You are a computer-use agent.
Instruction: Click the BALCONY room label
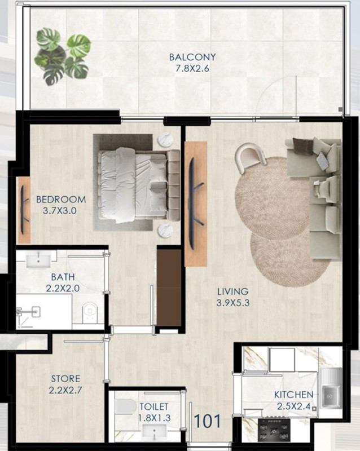point(192,57)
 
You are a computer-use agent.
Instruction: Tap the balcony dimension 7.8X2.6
point(192,68)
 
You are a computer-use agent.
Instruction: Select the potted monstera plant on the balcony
point(62,56)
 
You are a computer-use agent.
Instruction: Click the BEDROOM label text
point(61,199)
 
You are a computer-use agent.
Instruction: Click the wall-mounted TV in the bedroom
point(24,209)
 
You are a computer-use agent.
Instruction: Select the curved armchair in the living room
point(250,158)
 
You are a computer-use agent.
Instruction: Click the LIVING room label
point(232,291)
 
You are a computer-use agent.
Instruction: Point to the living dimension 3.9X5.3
point(232,303)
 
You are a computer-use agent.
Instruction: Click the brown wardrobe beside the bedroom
point(169,288)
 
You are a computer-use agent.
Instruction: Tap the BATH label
point(63,277)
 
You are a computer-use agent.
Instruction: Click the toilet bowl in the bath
point(90,312)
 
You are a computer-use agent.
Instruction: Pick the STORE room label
point(65,378)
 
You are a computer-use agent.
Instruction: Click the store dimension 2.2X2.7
point(65,390)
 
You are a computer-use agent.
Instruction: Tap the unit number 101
point(207,421)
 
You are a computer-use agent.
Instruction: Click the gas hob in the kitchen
point(274,430)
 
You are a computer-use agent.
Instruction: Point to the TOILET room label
point(154,406)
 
